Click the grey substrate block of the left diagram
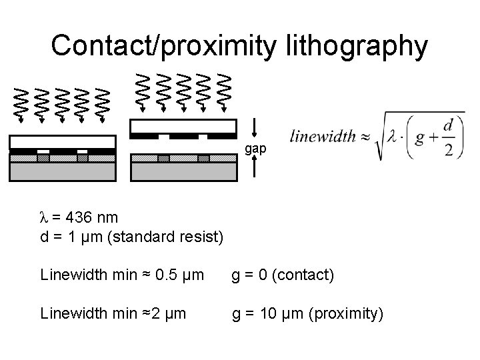coord(63,172)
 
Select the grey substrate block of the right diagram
coord(184,172)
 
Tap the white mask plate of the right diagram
coord(184,125)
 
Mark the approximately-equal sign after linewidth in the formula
coord(365,136)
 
